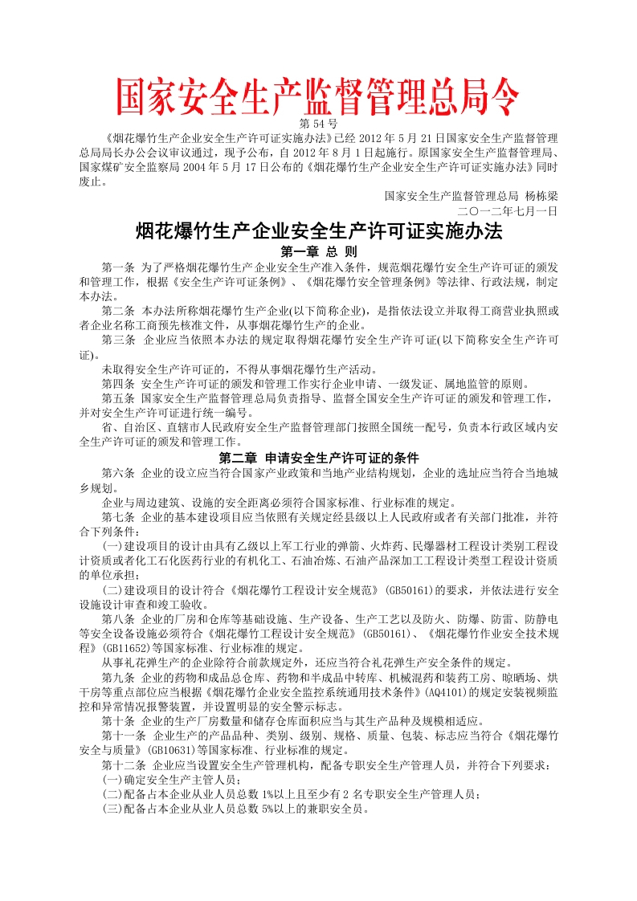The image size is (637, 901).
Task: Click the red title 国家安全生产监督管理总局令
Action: [x=318, y=97]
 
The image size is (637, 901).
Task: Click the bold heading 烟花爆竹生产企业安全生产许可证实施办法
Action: [x=318, y=231]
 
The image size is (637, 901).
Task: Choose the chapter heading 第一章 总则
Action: [x=318, y=251]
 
